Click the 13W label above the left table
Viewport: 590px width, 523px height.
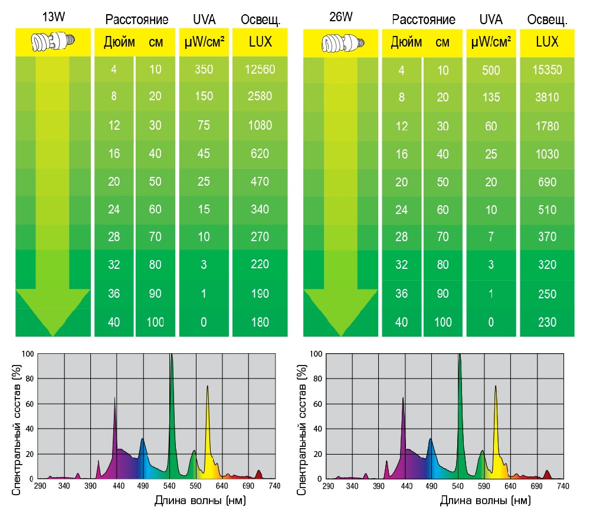pyautogui.click(x=53, y=17)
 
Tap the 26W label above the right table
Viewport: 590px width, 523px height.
pyautogui.click(x=341, y=17)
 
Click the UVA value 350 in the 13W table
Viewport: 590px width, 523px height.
pyautogui.click(x=204, y=70)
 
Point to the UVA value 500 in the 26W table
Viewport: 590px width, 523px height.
pyautogui.click(x=491, y=70)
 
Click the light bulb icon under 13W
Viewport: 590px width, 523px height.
pyautogui.click(x=53, y=41)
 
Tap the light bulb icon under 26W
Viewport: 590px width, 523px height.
pyautogui.click(x=341, y=42)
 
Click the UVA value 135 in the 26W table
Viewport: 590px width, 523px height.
pyautogui.click(x=491, y=97)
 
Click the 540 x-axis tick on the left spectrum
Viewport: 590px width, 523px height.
pyautogui.click(x=170, y=486)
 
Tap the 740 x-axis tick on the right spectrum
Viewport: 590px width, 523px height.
pyautogui.click(x=563, y=486)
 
